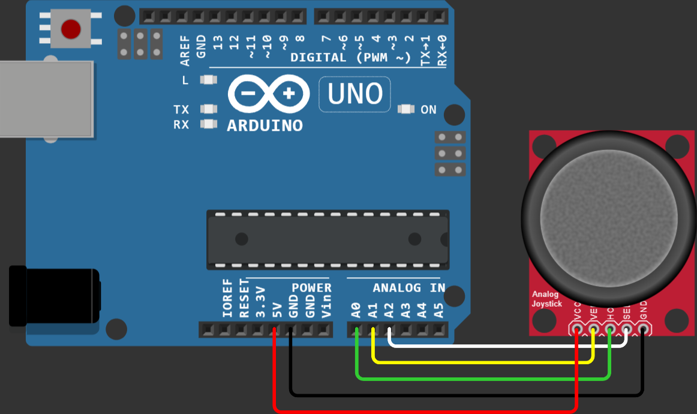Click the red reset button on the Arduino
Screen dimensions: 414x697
point(71,28)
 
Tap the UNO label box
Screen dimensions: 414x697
point(354,94)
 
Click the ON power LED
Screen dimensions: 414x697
point(406,109)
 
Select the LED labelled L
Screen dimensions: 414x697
point(208,80)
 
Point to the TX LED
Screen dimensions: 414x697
point(208,109)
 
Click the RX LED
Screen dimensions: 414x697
point(208,124)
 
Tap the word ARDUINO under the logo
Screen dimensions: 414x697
point(265,126)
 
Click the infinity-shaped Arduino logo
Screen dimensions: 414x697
point(269,94)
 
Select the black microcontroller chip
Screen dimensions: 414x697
point(328,239)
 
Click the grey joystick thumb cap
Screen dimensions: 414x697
point(610,217)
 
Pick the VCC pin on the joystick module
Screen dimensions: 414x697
point(577,329)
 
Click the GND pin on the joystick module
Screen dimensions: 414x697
point(643,329)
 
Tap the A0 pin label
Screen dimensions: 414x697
point(356,310)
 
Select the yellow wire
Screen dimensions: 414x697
point(480,362)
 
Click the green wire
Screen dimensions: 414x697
point(480,378)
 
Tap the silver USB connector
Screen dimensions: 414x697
point(45,99)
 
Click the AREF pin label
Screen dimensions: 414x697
point(185,50)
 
